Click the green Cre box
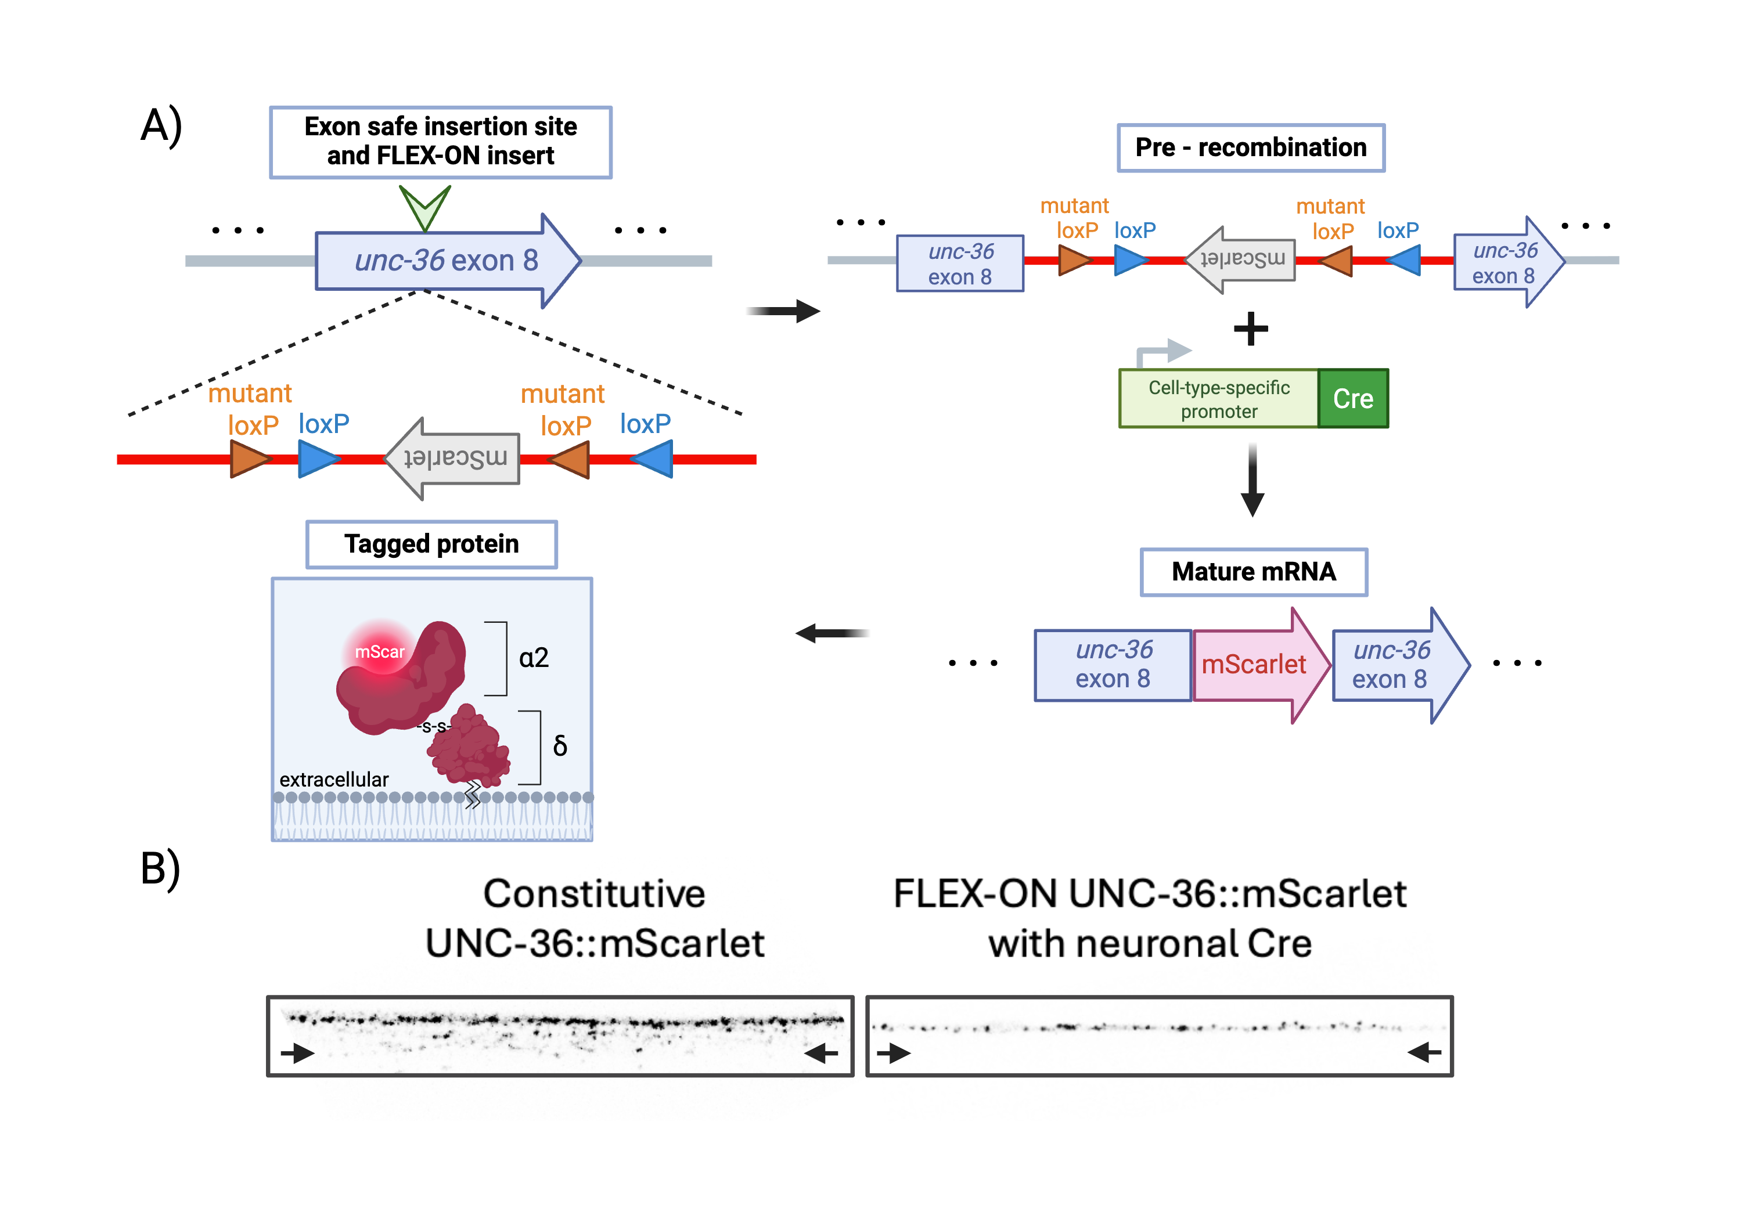[x=1353, y=399]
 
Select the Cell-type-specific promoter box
[x=1218, y=399]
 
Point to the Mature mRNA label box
[x=1254, y=572]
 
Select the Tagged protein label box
[x=431, y=544]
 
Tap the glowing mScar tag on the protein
[x=380, y=651]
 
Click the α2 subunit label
[x=534, y=658]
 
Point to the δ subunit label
[x=560, y=746]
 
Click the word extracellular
[x=334, y=779]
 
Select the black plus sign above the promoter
[x=1250, y=329]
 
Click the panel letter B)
[x=160, y=868]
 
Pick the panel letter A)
[x=161, y=125]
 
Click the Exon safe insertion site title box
[x=440, y=142]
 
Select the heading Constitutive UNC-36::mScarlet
[x=594, y=918]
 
